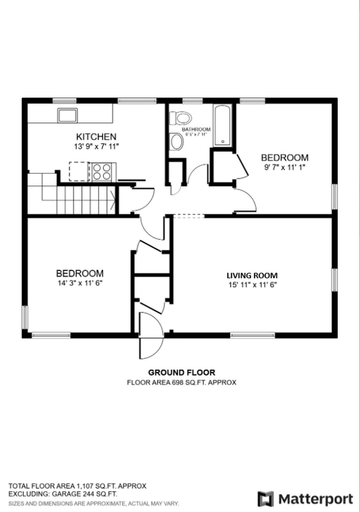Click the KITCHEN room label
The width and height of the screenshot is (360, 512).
click(x=96, y=137)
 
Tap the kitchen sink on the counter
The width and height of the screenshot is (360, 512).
click(x=69, y=115)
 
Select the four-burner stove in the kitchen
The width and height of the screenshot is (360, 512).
click(x=102, y=172)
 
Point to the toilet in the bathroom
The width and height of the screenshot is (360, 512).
click(x=181, y=118)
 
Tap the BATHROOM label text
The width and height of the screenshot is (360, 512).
click(x=196, y=130)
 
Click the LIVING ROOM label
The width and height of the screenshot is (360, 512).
click(x=252, y=275)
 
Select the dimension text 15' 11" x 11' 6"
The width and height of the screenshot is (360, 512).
click(x=252, y=285)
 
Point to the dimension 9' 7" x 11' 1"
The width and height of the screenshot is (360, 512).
click(x=285, y=167)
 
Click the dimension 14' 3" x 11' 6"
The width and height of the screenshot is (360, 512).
click(x=80, y=283)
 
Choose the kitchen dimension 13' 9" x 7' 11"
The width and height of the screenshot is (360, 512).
click(x=96, y=147)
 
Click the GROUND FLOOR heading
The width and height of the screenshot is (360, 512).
click(x=182, y=373)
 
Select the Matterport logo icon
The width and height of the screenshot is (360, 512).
click(x=266, y=499)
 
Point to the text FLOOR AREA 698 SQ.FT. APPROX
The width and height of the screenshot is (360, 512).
click(x=182, y=382)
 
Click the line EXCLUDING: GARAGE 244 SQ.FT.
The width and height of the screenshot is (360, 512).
click(x=63, y=494)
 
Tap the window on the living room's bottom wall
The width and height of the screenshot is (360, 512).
click(x=253, y=335)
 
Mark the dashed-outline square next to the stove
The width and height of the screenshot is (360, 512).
click(x=79, y=171)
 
